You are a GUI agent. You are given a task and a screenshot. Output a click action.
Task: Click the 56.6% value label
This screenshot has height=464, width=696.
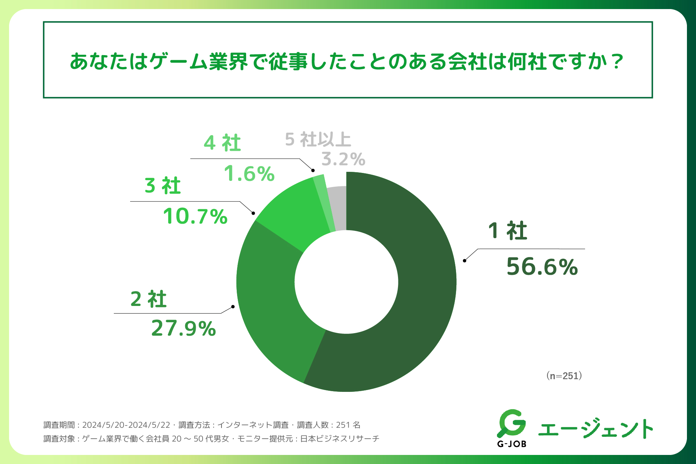[542, 267]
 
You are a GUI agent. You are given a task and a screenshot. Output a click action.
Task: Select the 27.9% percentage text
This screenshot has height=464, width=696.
[183, 328]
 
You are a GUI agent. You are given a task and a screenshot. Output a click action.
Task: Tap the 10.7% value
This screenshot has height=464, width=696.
[195, 216]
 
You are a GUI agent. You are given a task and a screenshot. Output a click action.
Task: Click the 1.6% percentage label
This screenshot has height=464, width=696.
[249, 174]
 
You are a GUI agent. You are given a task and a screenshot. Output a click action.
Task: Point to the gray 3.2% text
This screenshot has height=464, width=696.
[343, 159]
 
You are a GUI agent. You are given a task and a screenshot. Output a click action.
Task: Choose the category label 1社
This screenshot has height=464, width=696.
[507, 231]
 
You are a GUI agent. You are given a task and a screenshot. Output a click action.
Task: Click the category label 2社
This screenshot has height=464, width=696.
[149, 299]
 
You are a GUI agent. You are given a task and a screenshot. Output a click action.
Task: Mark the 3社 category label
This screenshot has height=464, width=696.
[163, 186]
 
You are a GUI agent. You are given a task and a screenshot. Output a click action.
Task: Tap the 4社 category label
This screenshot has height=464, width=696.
[222, 143]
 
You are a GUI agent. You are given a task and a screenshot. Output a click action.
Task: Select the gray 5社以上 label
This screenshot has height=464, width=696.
[318, 140]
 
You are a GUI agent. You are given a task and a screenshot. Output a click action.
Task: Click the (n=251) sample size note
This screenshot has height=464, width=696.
[564, 376]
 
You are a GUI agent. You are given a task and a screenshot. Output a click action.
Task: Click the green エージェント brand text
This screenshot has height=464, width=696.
[596, 428]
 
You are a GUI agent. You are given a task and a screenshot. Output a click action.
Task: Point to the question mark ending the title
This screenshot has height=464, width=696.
[616, 62]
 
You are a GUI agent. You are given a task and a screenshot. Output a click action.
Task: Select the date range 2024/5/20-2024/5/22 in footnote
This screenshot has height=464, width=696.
[126, 425]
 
